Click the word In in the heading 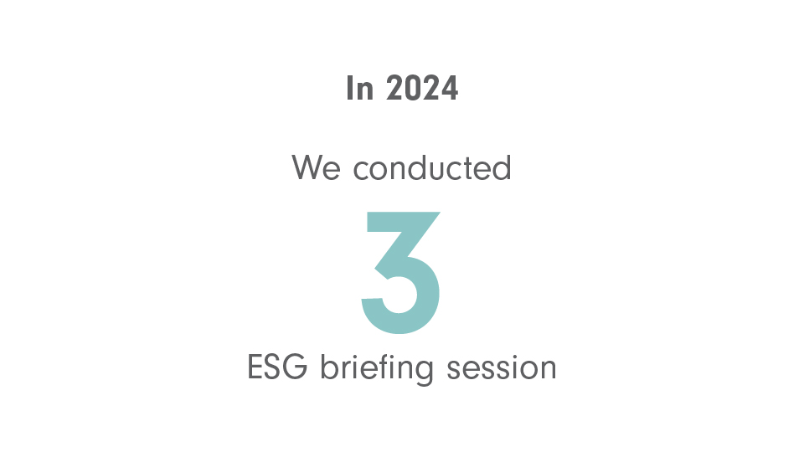[x=359, y=88]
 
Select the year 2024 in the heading [x=422, y=88]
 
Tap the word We [x=316, y=167]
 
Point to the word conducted [x=432, y=167]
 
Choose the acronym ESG [x=277, y=367]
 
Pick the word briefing [x=377, y=368]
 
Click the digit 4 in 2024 [x=450, y=88]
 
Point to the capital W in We [x=307, y=167]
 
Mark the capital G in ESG [x=296, y=367]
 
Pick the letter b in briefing [x=330, y=367]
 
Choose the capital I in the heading [x=350, y=88]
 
